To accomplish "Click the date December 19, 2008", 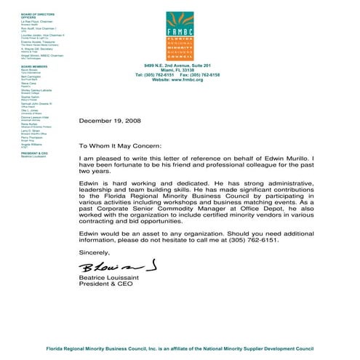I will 109,120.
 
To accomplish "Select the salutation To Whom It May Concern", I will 122,145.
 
